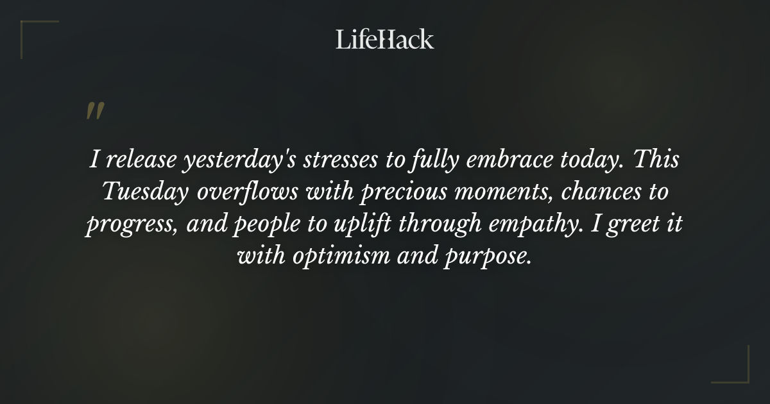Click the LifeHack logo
[385, 39]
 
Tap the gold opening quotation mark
[94, 111]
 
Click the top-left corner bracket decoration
[32, 32]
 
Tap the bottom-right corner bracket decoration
[738, 372]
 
